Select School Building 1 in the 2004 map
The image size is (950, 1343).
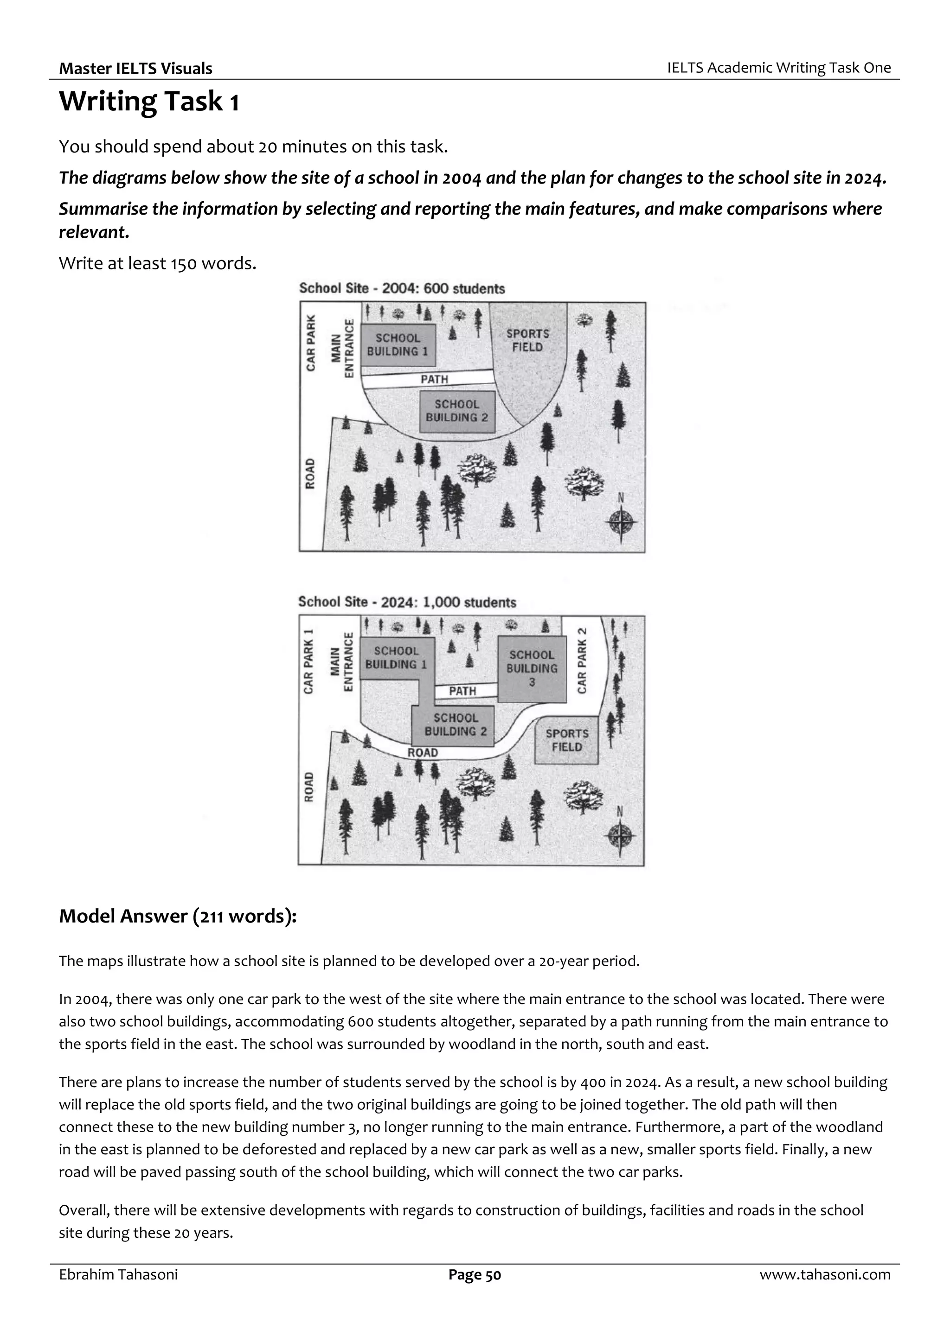398,344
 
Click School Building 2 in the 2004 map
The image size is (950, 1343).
456,411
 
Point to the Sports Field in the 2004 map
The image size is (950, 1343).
528,340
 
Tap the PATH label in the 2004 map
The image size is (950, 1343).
434,379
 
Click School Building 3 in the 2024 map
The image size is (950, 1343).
532,668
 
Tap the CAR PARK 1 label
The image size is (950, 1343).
309,662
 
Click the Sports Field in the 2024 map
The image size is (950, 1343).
566,740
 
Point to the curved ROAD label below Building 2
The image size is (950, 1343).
423,753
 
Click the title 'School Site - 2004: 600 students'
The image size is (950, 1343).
402,288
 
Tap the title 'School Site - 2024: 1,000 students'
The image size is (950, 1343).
407,602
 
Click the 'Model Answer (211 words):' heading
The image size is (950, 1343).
178,916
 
